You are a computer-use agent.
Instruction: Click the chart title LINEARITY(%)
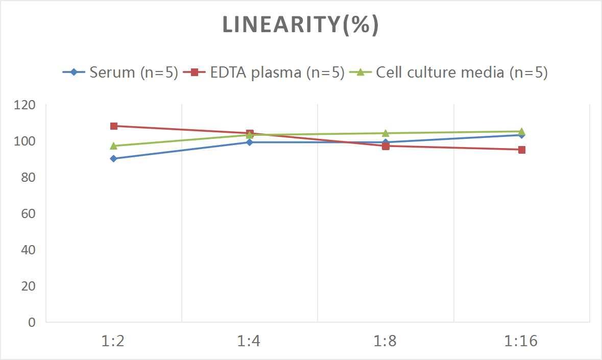point(300,25)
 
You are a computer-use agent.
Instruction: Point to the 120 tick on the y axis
point(25,105)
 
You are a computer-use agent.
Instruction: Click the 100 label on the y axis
point(25,141)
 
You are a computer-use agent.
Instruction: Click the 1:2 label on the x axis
point(113,341)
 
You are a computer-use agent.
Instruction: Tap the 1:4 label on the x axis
point(249,341)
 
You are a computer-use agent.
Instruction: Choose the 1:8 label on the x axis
point(386,341)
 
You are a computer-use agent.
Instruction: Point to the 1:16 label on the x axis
point(521,341)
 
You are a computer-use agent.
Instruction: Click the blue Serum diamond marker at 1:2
point(113,159)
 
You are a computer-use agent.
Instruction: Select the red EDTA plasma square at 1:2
point(113,126)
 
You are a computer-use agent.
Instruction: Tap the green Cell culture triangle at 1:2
point(113,146)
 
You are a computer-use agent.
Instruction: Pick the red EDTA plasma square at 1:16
point(522,150)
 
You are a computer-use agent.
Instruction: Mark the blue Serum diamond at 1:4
point(250,142)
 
